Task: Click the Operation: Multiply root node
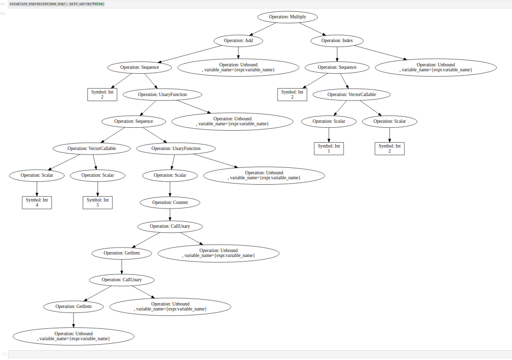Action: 287,17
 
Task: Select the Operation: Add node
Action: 238,41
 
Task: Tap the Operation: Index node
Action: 337,41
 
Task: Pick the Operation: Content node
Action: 170,203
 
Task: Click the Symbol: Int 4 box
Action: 37,203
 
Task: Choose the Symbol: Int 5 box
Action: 98,203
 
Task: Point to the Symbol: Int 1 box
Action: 329,149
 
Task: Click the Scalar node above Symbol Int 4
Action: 37,175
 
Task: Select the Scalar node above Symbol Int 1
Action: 329,121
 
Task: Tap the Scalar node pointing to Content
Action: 170,175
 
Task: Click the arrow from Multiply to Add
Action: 263,29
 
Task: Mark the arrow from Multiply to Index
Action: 312,29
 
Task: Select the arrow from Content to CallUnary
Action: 170,214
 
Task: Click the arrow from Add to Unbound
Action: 238,53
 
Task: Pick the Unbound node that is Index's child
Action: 436,67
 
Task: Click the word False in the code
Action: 98,4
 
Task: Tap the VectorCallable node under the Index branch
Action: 351,95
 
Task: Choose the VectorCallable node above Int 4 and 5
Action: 91,149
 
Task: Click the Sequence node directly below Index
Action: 337,67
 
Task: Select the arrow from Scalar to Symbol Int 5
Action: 98,189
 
